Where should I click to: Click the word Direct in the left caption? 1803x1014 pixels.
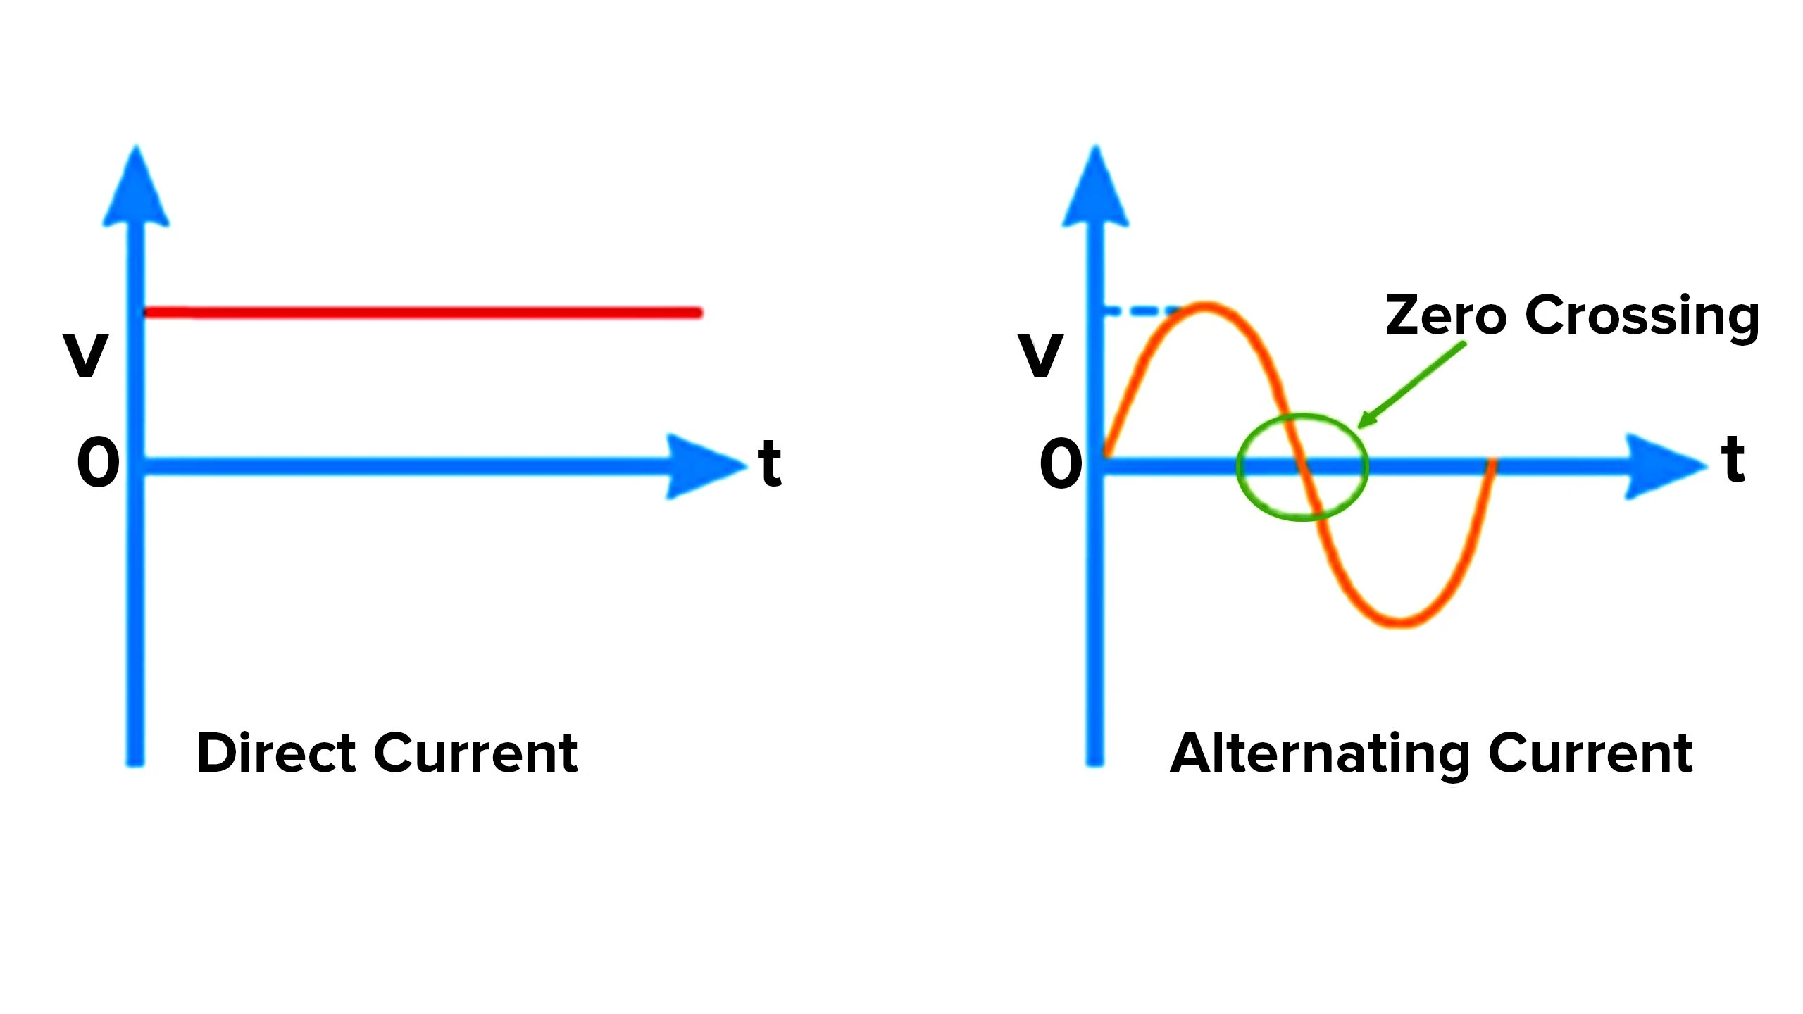[x=275, y=753]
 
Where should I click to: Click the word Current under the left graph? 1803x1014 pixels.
[x=476, y=753]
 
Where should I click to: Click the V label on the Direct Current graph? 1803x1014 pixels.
[x=86, y=355]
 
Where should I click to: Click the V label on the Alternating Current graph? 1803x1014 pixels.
[x=1040, y=355]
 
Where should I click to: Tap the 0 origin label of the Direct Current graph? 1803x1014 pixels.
[x=99, y=462]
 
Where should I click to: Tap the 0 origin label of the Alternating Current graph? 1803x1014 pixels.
[x=1061, y=463]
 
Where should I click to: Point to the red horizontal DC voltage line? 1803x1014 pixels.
[x=423, y=312]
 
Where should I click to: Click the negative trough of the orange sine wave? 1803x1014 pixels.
[x=1402, y=622]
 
